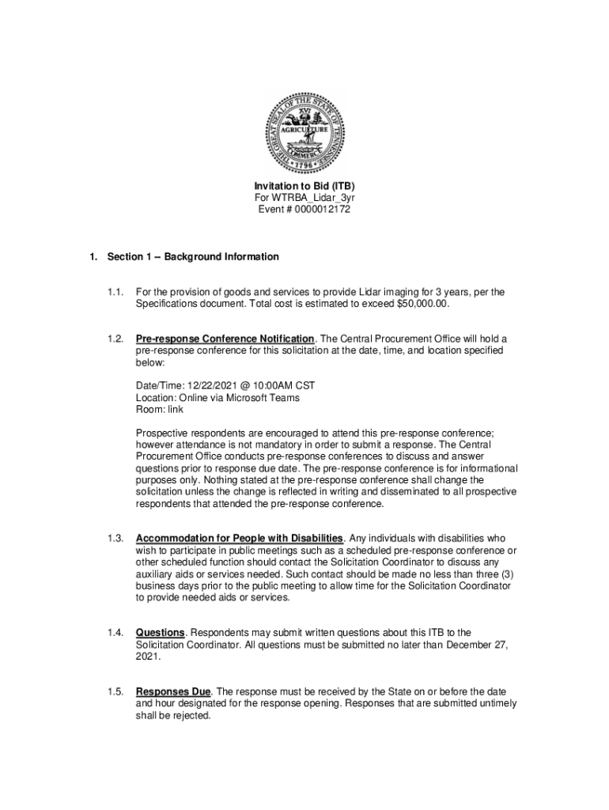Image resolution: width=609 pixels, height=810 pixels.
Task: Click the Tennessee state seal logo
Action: pos(304,132)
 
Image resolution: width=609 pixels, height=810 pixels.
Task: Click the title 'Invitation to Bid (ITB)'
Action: pos(304,187)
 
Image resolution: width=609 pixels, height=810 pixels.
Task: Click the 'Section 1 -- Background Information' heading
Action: pos(193,257)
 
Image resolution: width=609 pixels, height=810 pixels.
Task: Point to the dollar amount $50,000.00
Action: pos(422,304)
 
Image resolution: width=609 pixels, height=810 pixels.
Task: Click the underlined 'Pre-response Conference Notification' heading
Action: pos(225,339)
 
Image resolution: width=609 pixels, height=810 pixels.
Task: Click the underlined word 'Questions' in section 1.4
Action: pos(161,633)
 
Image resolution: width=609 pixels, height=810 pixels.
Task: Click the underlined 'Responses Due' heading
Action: pos(172,692)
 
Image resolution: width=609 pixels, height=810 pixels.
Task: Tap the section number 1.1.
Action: pos(115,293)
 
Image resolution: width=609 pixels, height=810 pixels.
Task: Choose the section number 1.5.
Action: pos(115,692)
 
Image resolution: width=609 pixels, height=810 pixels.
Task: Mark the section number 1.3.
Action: pos(115,539)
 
